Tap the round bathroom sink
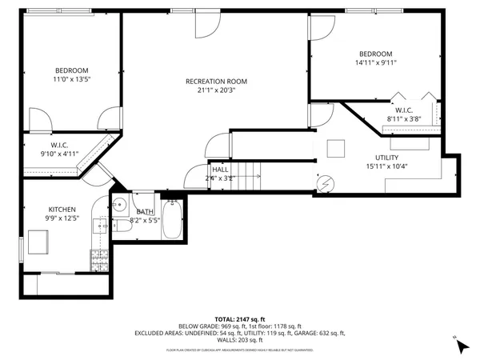[118, 203]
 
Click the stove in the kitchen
[101, 258]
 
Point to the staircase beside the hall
[247, 170]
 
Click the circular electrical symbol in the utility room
[325, 183]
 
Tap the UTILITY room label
[386, 158]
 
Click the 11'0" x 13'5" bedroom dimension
[71, 80]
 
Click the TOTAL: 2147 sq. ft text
[240, 318]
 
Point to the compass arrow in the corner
[461, 346]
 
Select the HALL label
[221, 170]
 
